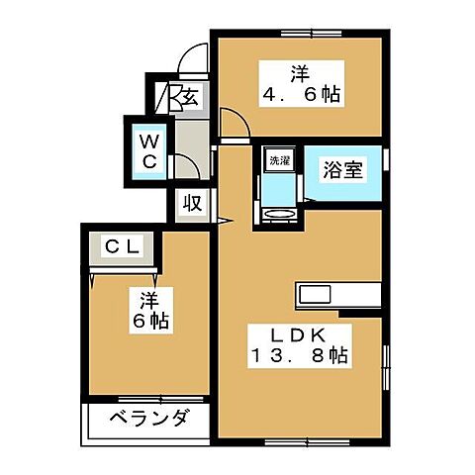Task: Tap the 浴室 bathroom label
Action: [343, 169]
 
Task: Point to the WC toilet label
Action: [145, 147]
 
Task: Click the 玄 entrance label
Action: [187, 99]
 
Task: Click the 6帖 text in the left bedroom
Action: [149, 321]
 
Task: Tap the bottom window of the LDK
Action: [296, 438]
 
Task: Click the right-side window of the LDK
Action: [387, 366]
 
